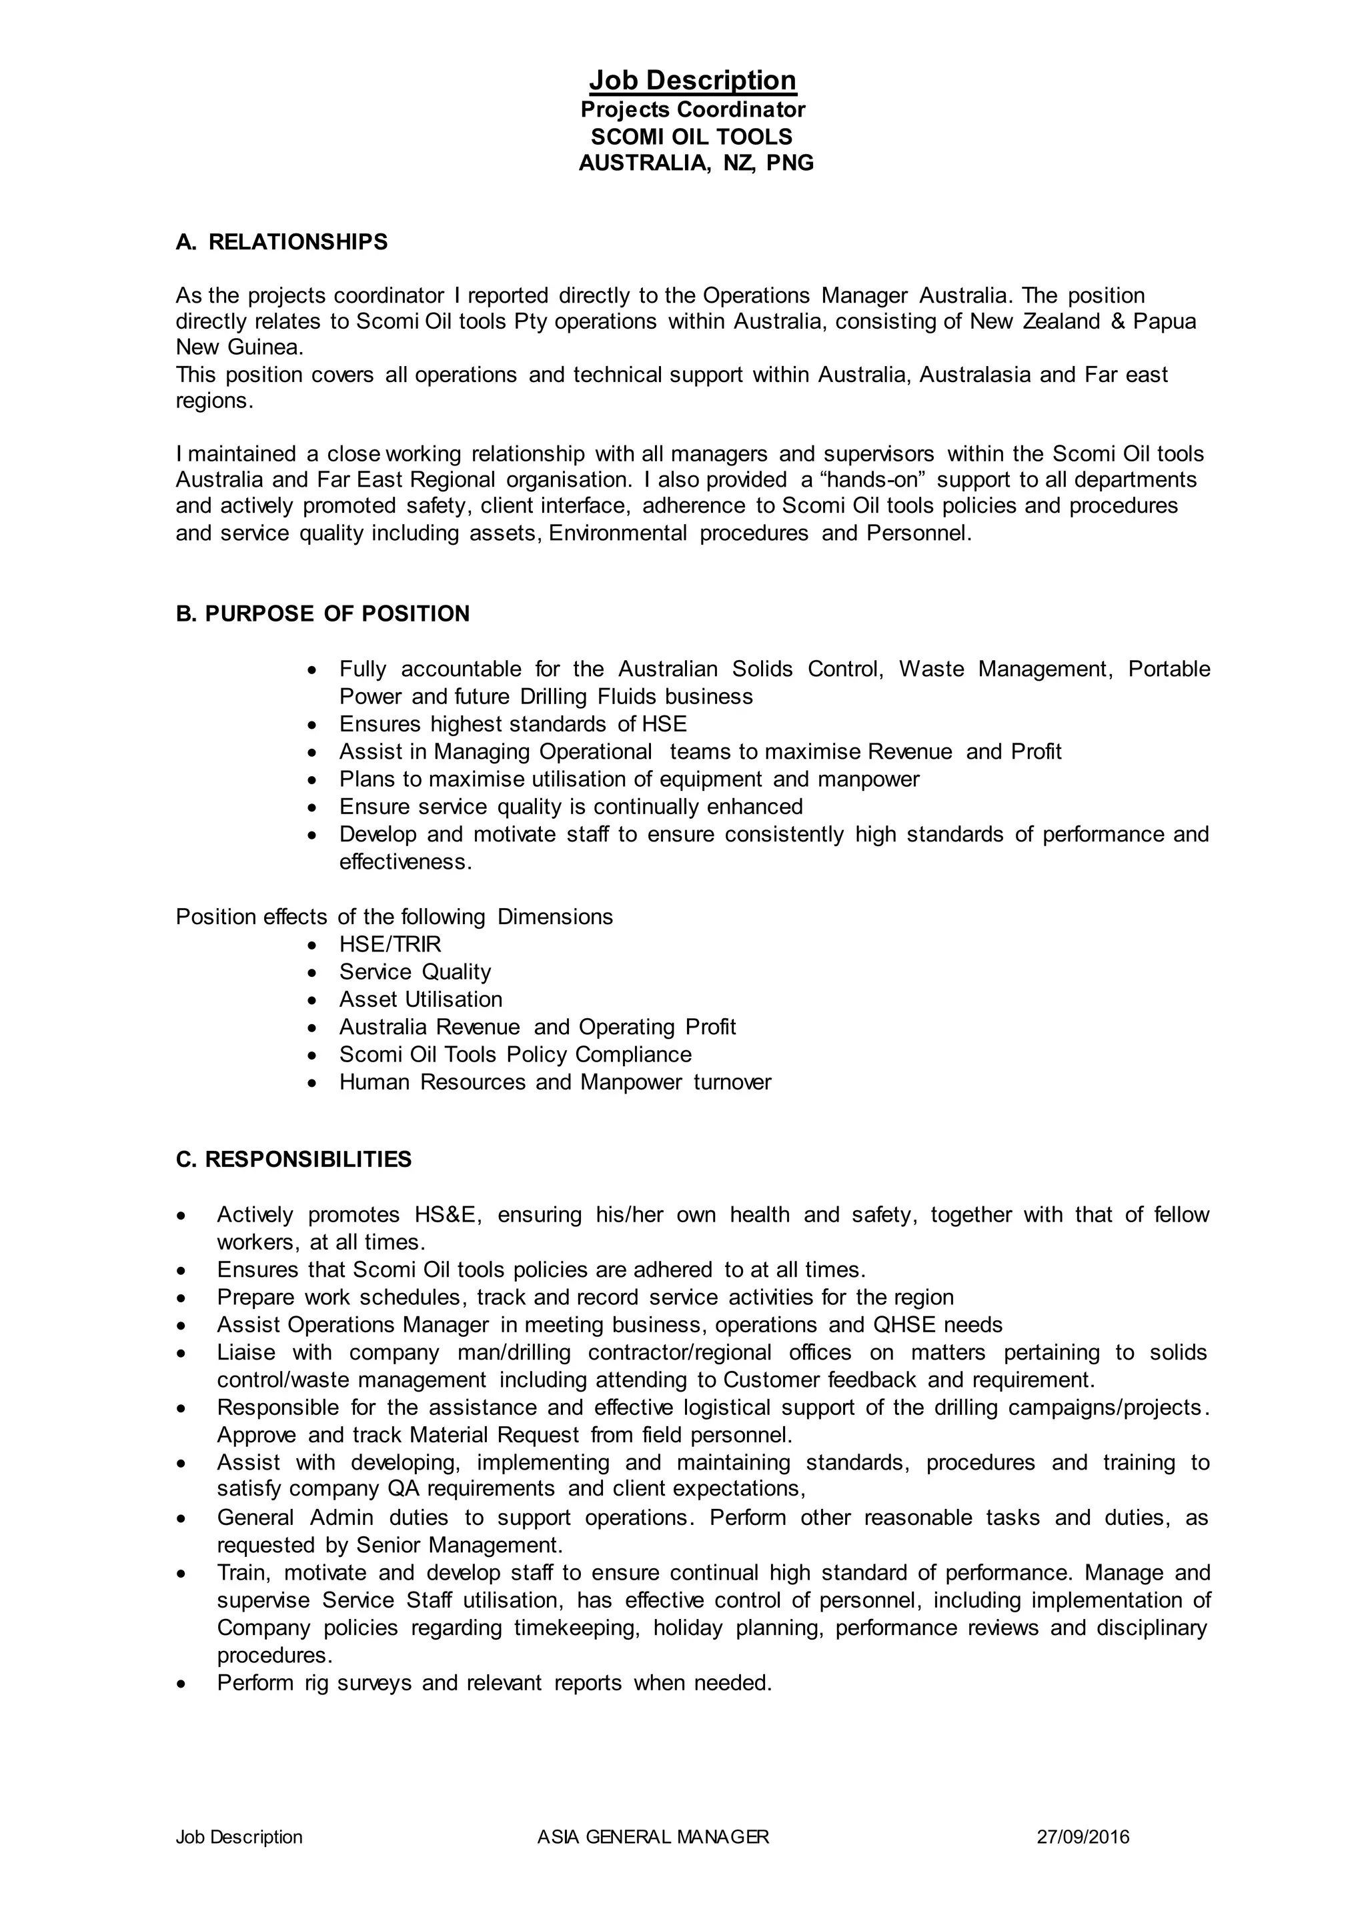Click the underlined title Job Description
pyautogui.click(x=692, y=81)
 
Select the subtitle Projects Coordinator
pyautogui.click(x=692, y=110)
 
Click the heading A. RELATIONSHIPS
pyautogui.click(x=281, y=242)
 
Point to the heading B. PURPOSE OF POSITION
pyautogui.click(x=322, y=614)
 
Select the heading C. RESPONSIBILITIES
pyautogui.click(x=293, y=1160)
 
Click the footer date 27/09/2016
pyautogui.click(x=1083, y=1860)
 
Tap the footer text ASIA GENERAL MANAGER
pyautogui.click(x=653, y=1860)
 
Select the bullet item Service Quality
pyautogui.click(x=415, y=972)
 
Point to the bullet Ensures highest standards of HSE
pyautogui.click(x=512, y=724)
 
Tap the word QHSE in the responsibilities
pyautogui.click(x=904, y=1326)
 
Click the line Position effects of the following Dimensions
pyautogui.click(x=394, y=917)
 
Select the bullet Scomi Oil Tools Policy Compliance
pyautogui.click(x=515, y=1055)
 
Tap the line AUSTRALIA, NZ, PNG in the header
pyautogui.click(x=696, y=163)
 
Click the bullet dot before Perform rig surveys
pyautogui.click(x=181, y=1684)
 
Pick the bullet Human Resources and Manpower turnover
pyautogui.click(x=554, y=1082)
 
